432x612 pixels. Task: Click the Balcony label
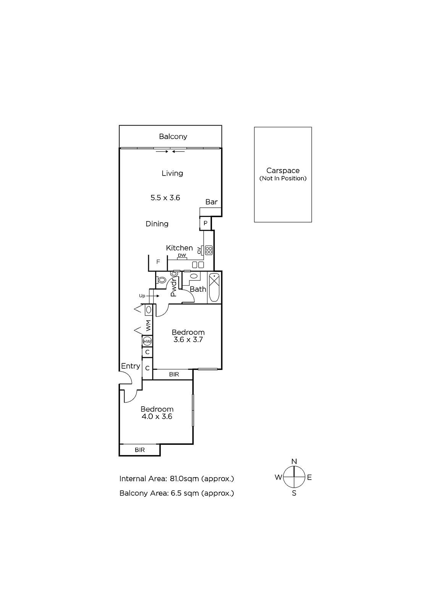pyautogui.click(x=173, y=136)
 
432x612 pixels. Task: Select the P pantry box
pyautogui.click(x=205, y=223)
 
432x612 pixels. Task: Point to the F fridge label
pyautogui.click(x=158, y=262)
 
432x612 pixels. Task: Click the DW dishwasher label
pyautogui.click(x=182, y=255)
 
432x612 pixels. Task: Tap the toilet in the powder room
pyautogui.click(x=161, y=280)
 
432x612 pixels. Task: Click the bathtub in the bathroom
pyautogui.click(x=215, y=287)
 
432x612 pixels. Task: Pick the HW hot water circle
pyautogui.click(x=147, y=341)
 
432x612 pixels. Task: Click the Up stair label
pyautogui.click(x=142, y=296)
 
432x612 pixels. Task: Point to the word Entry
pyautogui.click(x=131, y=366)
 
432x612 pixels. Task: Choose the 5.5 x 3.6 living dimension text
pyautogui.click(x=165, y=197)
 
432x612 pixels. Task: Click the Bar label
pyautogui.click(x=212, y=202)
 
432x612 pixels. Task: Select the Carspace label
pyautogui.click(x=283, y=171)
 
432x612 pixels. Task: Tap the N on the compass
pyautogui.click(x=294, y=461)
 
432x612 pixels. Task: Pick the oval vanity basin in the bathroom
pyautogui.click(x=194, y=276)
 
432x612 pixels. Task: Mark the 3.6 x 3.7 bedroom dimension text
pyautogui.click(x=188, y=340)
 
